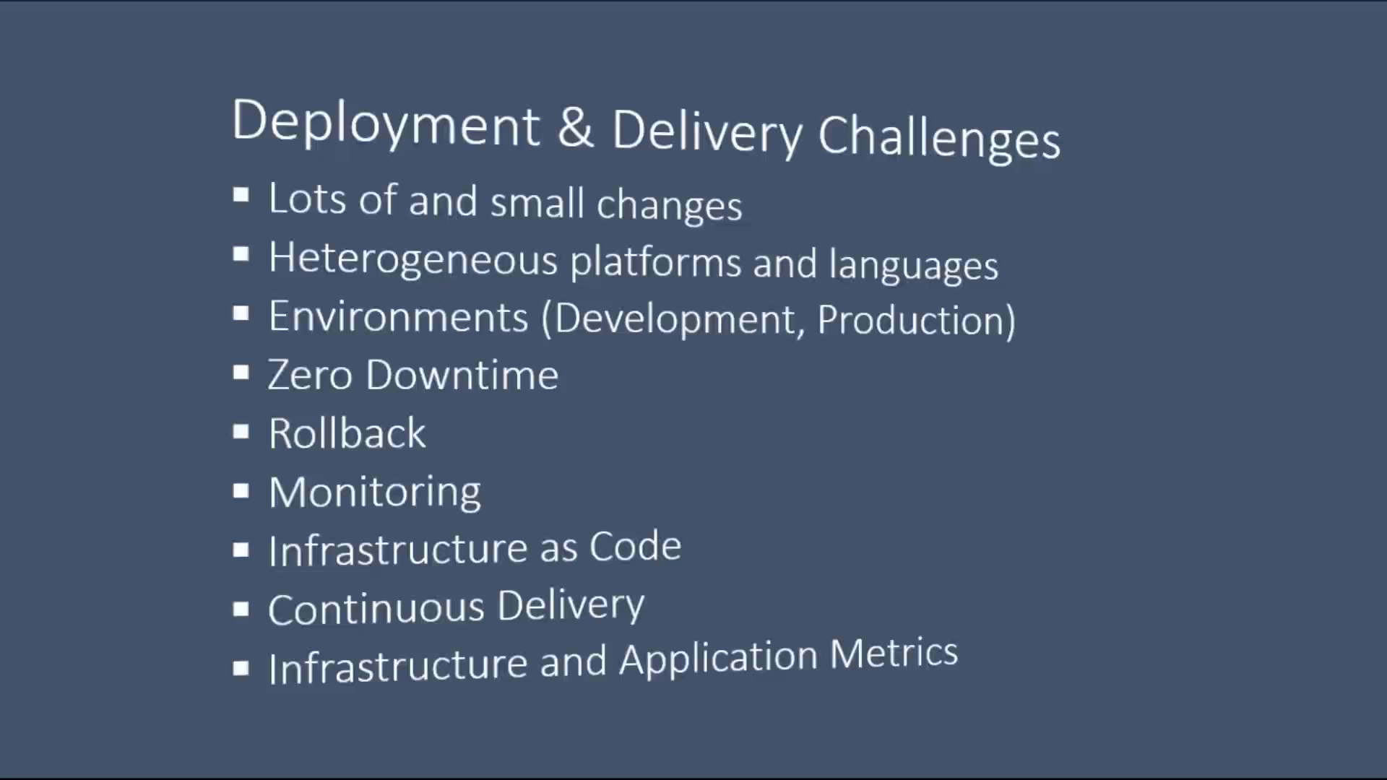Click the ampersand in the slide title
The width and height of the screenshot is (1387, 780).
576,128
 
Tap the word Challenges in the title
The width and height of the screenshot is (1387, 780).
939,137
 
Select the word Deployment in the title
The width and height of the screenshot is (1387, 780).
386,123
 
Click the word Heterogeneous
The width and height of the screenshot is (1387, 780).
413,259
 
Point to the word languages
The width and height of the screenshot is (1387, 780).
914,265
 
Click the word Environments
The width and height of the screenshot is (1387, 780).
399,317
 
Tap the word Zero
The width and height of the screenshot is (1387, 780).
311,376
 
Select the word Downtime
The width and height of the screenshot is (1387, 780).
462,376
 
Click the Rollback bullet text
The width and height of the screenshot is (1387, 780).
347,433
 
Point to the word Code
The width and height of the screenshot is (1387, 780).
636,547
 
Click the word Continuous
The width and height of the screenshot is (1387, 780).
376,609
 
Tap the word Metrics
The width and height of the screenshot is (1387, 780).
894,654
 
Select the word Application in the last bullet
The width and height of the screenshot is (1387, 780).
719,659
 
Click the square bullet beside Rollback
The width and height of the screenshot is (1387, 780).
241,432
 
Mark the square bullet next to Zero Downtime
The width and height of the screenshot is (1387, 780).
241,373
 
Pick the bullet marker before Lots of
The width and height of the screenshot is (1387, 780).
241,195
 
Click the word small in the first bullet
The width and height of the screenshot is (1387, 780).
537,202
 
